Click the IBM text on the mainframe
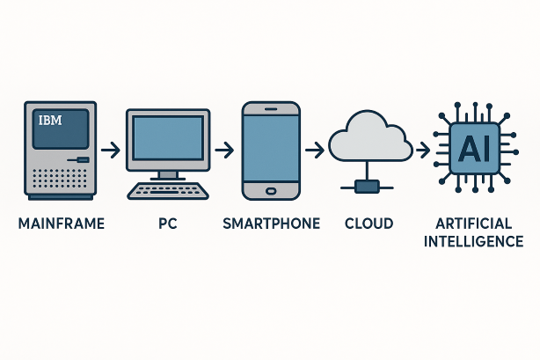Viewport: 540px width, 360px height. (50, 121)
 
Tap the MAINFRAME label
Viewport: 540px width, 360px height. (62, 224)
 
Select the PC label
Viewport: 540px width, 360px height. (168, 224)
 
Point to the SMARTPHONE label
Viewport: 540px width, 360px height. (272, 224)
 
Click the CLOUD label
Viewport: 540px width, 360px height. (369, 224)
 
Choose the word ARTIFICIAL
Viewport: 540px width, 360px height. (473, 224)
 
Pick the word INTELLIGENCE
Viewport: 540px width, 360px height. (473, 241)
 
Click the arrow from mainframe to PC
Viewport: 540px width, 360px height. (111, 151)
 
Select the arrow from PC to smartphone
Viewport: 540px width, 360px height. (224, 151)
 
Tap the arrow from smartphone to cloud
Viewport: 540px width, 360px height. (315, 151)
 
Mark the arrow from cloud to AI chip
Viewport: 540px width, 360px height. (423, 151)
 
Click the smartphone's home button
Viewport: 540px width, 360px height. (271, 191)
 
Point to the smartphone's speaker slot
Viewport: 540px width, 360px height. (271, 109)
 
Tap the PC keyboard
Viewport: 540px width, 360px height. (168, 191)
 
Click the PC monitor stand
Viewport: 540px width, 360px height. (168, 176)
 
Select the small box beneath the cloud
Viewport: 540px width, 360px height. (367, 187)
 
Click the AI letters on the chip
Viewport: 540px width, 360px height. (474, 148)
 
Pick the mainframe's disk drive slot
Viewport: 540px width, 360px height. (78, 159)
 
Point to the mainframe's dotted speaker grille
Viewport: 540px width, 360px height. (60, 179)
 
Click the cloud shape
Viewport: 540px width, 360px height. (370, 136)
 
